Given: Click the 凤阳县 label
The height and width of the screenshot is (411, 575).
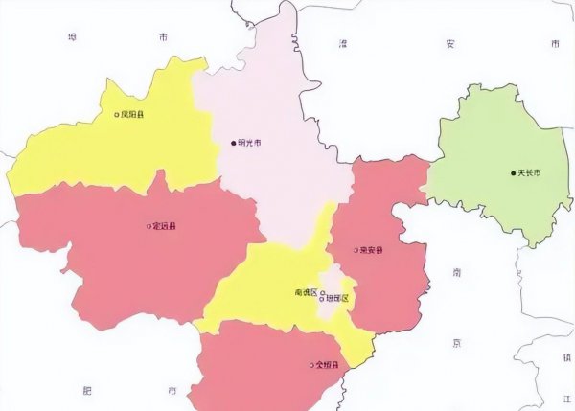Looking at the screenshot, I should (133, 115).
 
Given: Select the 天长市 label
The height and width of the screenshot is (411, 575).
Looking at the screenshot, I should (530, 172).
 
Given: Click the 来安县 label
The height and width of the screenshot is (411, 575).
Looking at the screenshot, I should (371, 250).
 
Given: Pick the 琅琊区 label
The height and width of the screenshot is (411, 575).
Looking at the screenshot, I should (339, 299).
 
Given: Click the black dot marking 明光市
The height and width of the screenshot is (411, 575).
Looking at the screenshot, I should (233, 144).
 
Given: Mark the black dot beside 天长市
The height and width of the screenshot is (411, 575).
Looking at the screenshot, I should (513, 172).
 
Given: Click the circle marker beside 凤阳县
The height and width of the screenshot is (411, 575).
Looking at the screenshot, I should (117, 115).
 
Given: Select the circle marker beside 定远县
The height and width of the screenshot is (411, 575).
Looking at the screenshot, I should (148, 227).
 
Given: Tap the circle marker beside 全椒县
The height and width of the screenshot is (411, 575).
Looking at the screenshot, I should (310, 365).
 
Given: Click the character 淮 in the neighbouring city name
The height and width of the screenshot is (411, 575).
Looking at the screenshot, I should (342, 43).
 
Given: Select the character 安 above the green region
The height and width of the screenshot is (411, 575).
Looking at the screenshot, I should (449, 43).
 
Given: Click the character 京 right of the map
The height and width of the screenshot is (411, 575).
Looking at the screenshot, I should (457, 342).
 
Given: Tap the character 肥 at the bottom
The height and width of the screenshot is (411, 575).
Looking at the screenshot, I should (88, 391).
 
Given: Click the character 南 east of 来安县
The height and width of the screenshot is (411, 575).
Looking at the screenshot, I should (457, 273).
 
